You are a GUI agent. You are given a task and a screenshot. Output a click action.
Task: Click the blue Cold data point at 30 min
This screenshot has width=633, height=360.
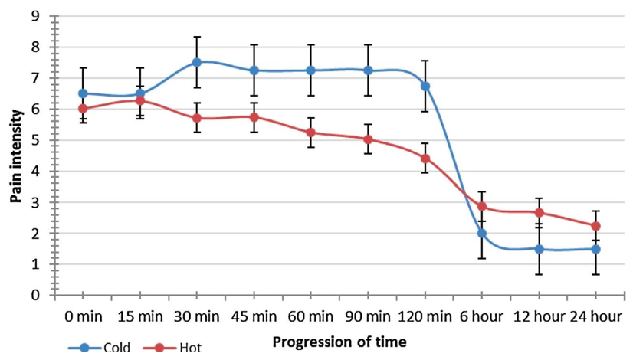pyautogui.click(x=197, y=62)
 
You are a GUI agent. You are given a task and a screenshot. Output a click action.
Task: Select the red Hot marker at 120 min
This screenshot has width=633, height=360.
pyautogui.click(x=425, y=159)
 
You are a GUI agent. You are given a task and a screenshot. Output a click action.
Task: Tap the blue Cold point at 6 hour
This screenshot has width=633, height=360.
pyautogui.click(x=481, y=233)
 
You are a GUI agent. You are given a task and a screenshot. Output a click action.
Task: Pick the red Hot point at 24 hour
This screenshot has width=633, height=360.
pyautogui.click(x=595, y=226)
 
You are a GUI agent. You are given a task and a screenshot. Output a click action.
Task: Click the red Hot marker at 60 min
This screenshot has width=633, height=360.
pyautogui.click(x=311, y=133)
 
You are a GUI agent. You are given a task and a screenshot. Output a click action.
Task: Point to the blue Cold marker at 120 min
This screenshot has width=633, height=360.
pyautogui.click(x=425, y=86)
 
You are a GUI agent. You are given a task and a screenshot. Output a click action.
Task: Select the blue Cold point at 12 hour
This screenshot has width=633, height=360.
pyautogui.click(x=539, y=249)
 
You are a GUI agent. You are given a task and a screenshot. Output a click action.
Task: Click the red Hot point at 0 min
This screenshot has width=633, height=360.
pyautogui.click(x=83, y=109)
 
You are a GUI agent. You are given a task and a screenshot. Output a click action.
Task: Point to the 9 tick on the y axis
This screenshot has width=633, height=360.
pyautogui.click(x=35, y=15)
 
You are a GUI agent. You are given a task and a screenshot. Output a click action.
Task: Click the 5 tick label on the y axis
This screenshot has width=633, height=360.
pyautogui.click(x=35, y=140)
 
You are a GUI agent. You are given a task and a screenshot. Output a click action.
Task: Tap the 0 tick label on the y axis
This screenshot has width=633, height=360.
pyautogui.click(x=35, y=295)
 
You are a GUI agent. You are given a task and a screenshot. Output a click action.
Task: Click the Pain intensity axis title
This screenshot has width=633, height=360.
pyautogui.click(x=15, y=155)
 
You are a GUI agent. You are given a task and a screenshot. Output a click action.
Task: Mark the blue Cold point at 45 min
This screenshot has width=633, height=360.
pyautogui.click(x=254, y=70)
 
